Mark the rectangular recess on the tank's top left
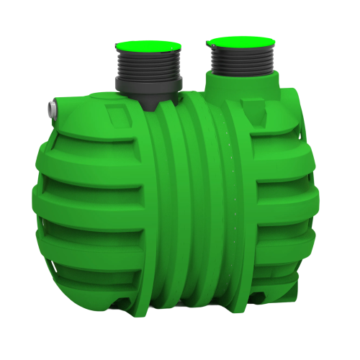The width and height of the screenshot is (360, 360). (117, 114)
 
